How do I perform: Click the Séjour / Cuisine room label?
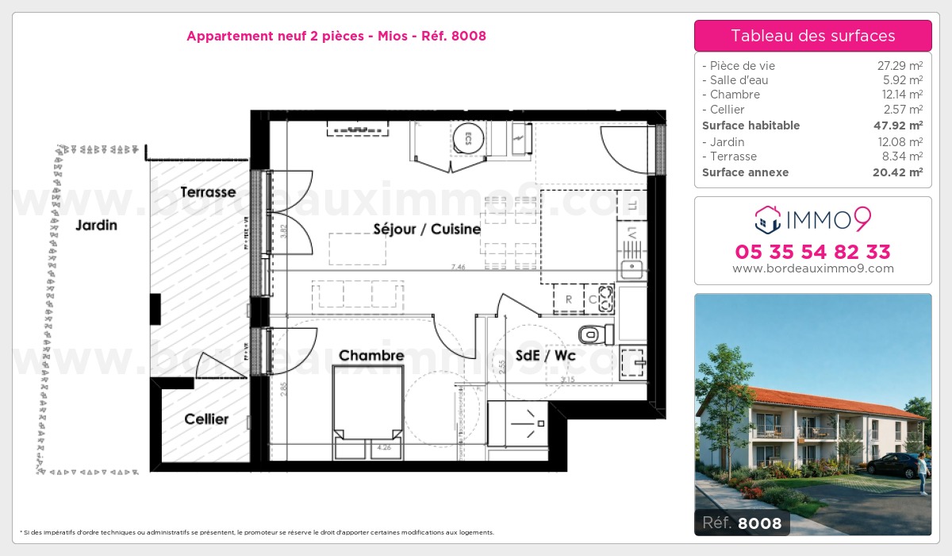click(427, 230)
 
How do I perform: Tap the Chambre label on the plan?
click(371, 356)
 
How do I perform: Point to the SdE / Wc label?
click(545, 356)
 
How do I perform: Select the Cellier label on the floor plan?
click(206, 419)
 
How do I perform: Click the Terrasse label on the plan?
click(208, 192)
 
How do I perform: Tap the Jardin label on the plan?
click(96, 226)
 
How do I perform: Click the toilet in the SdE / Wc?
click(595, 333)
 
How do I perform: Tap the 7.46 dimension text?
click(458, 268)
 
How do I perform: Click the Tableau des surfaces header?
click(812, 36)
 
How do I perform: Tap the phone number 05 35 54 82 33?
click(812, 253)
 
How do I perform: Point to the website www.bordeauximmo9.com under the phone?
click(812, 268)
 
